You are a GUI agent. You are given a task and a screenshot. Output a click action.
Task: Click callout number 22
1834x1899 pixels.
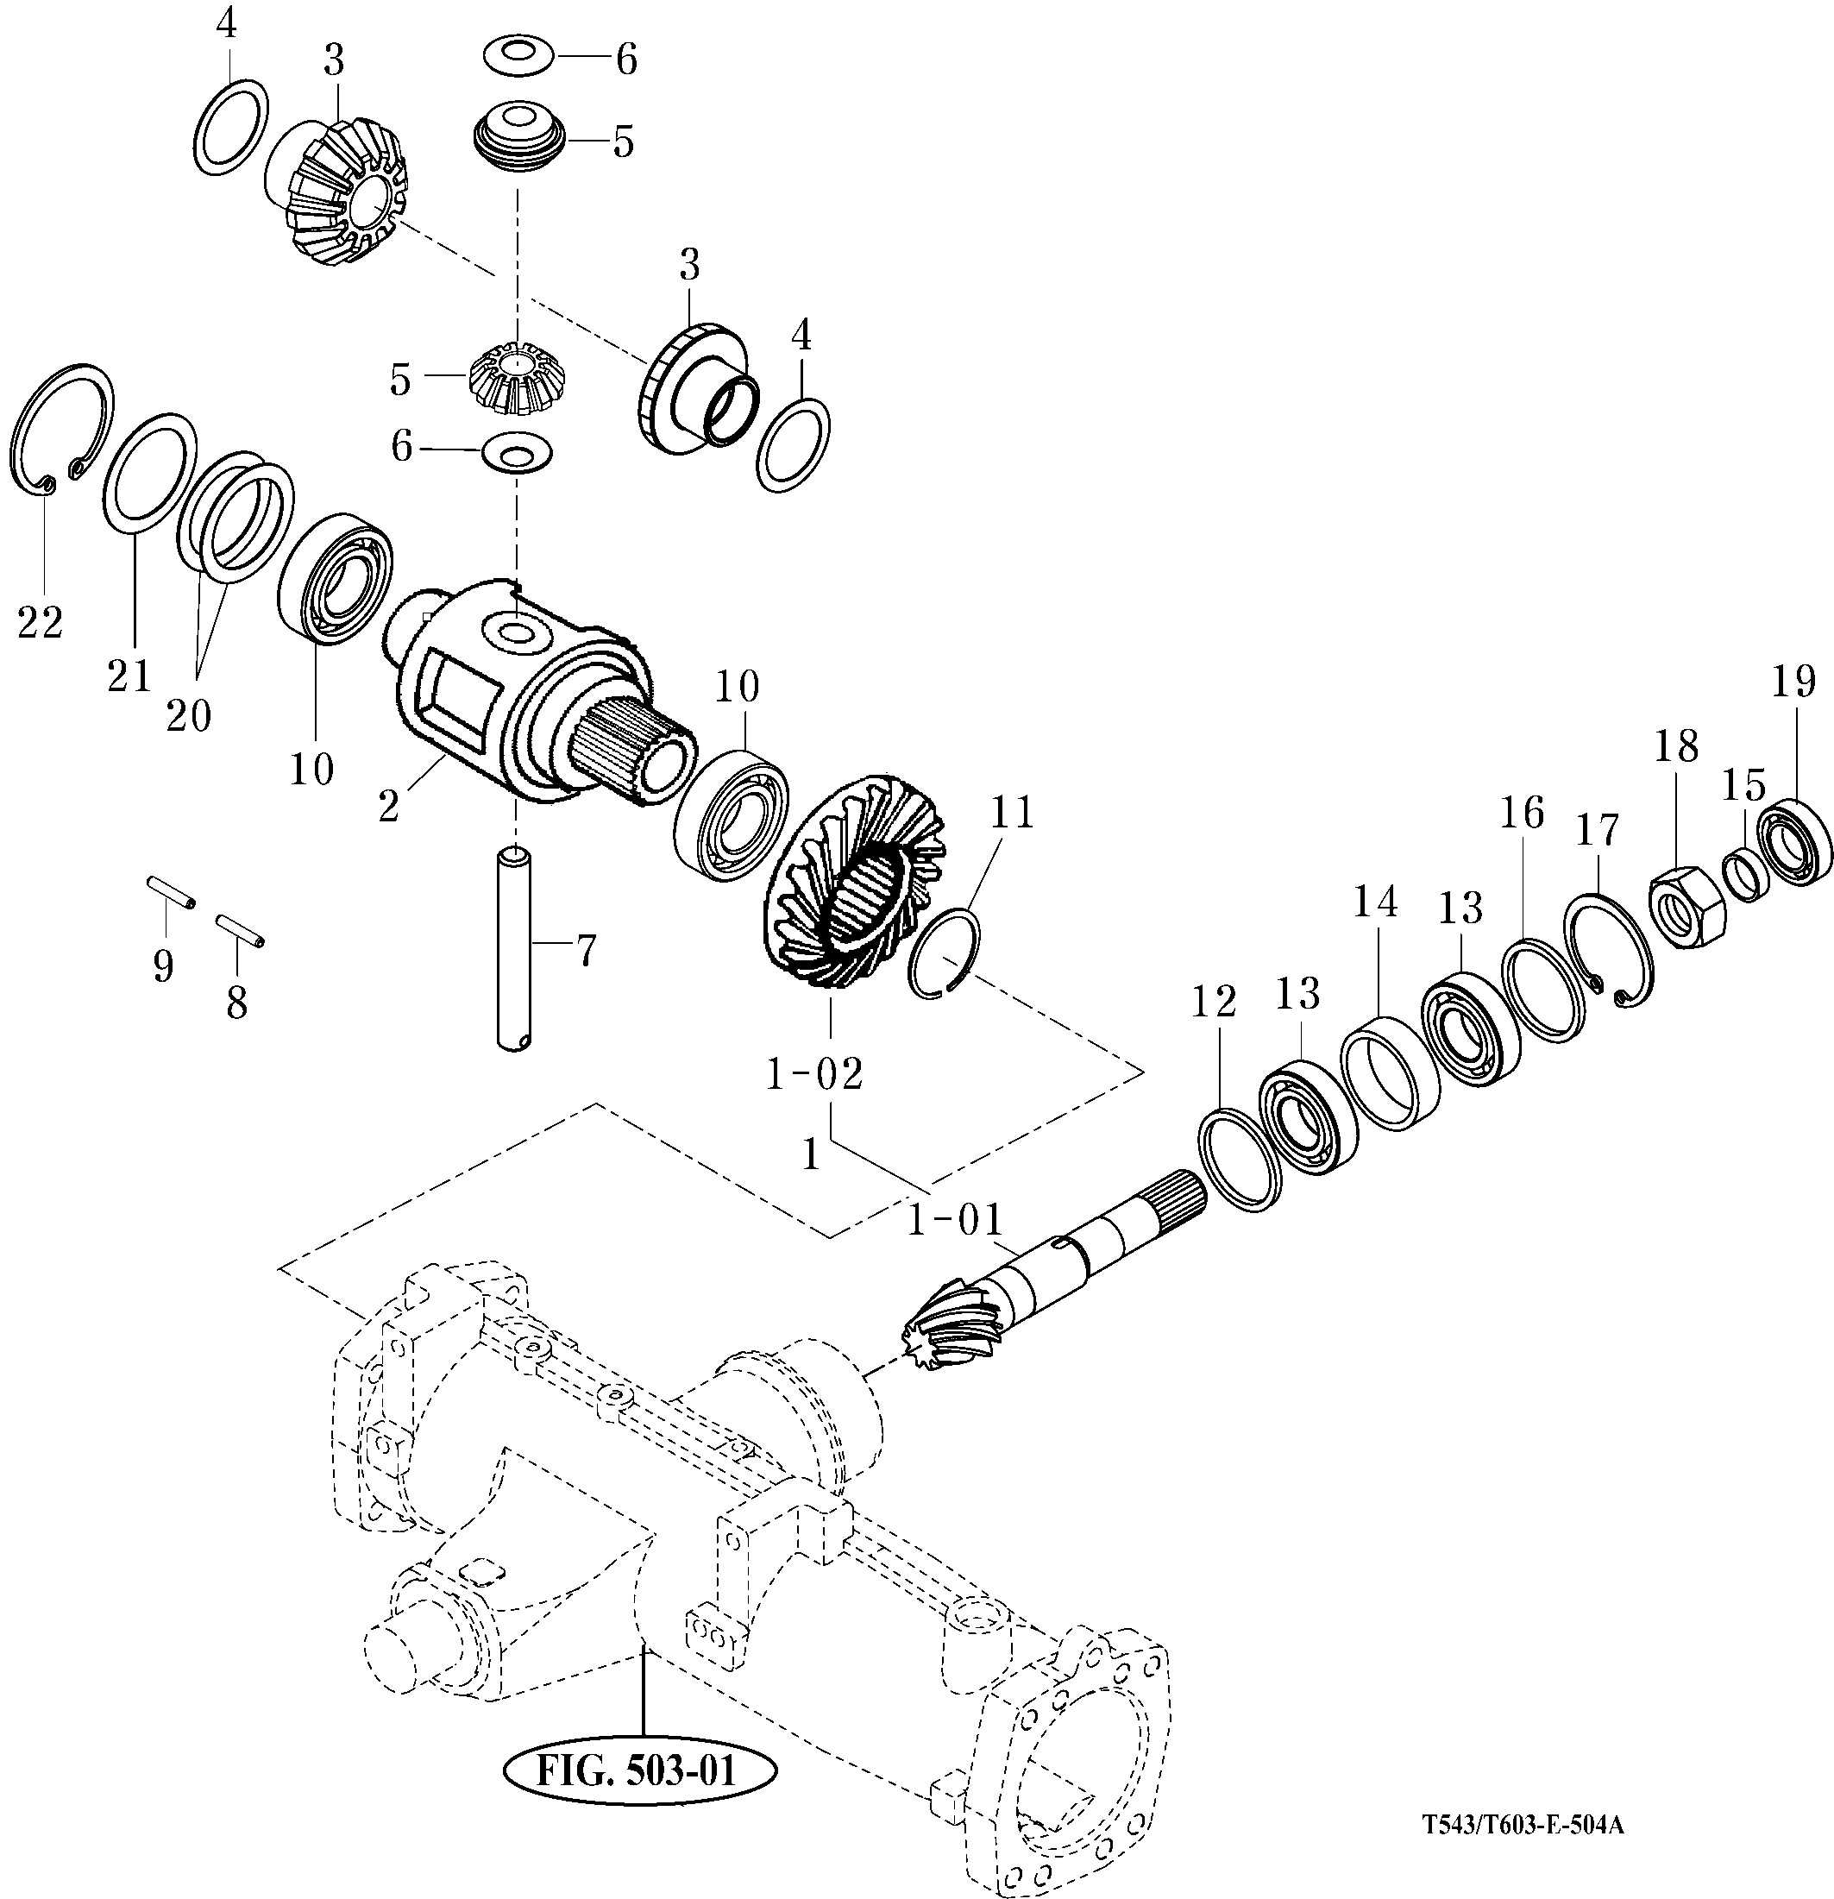point(41,623)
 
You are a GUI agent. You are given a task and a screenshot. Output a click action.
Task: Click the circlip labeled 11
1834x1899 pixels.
point(945,954)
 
